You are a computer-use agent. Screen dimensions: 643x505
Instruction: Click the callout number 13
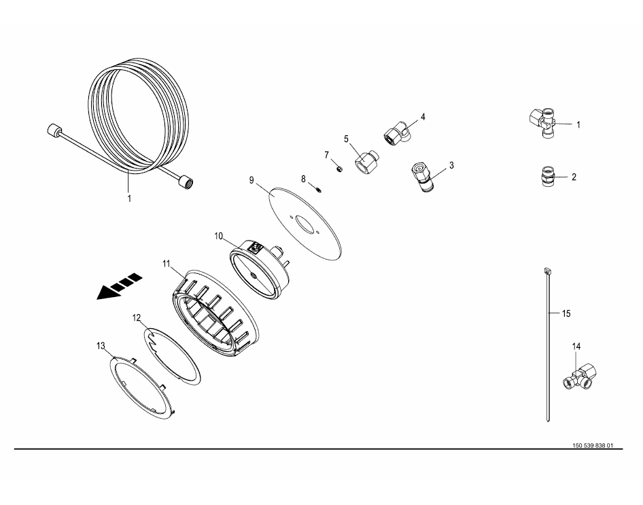click(x=101, y=347)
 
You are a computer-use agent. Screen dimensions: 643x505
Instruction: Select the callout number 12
click(x=137, y=317)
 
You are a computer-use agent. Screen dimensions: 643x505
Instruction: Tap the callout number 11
click(x=166, y=264)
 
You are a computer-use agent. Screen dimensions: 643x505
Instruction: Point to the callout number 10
click(x=219, y=236)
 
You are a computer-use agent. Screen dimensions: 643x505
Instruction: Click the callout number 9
click(x=251, y=180)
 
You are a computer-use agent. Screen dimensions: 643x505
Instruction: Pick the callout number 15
click(x=566, y=313)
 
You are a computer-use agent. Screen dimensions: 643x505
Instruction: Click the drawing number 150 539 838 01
click(x=593, y=446)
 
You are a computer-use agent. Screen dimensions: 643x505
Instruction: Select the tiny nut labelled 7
click(x=340, y=169)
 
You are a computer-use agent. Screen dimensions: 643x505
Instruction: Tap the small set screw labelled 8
click(x=319, y=189)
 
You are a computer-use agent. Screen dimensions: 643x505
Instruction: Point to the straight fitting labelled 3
click(x=421, y=177)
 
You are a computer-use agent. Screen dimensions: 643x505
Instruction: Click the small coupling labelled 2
click(x=546, y=176)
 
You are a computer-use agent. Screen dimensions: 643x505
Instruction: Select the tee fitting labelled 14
click(x=580, y=377)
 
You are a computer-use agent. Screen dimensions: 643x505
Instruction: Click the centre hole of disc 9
click(x=305, y=224)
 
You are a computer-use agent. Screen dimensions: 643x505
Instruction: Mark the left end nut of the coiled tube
click(x=52, y=130)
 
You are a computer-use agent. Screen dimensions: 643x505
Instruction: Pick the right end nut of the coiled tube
click(x=187, y=181)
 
